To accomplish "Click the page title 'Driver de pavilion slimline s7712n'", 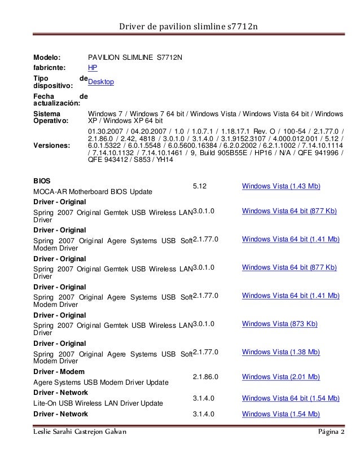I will coord(179,27).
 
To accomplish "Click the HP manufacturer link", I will coord(93,68).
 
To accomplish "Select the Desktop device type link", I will coord(102,82).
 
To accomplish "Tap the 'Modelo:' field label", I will coord(48,57).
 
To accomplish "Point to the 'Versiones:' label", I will coord(52,145).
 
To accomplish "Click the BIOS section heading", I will coord(42,181).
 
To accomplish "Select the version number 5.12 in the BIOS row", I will coord(200,186).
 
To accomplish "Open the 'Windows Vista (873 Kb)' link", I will coord(279,324).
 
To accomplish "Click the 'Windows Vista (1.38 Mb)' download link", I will coord(281,352).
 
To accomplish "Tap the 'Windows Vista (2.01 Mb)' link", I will coord(281,377).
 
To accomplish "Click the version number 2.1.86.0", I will coord(205,377).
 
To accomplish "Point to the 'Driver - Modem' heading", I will coord(59,372).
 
